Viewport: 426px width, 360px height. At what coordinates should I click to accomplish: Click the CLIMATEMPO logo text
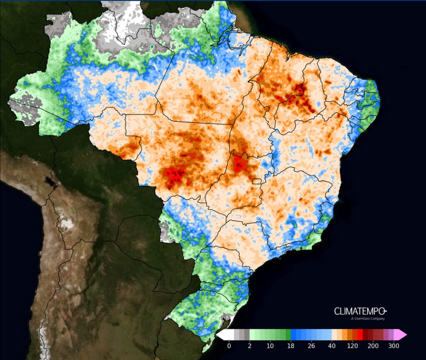click(x=360, y=311)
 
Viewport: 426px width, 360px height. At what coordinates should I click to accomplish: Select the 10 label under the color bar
click(x=270, y=346)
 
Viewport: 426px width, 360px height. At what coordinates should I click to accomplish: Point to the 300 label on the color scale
click(x=394, y=346)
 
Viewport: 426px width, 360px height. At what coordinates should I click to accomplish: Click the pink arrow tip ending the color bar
click(x=401, y=335)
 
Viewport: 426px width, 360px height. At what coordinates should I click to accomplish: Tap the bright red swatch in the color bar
click(x=360, y=335)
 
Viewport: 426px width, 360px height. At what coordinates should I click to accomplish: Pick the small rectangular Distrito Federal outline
click(x=257, y=181)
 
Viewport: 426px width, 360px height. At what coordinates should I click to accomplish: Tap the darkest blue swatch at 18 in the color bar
click(x=293, y=335)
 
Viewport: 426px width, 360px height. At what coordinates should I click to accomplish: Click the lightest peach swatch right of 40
click(x=334, y=335)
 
